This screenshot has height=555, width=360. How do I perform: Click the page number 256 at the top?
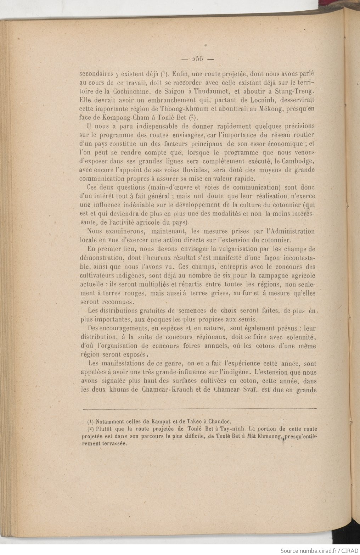[x=197, y=59]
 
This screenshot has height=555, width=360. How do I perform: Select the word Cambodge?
[x=299, y=161]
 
